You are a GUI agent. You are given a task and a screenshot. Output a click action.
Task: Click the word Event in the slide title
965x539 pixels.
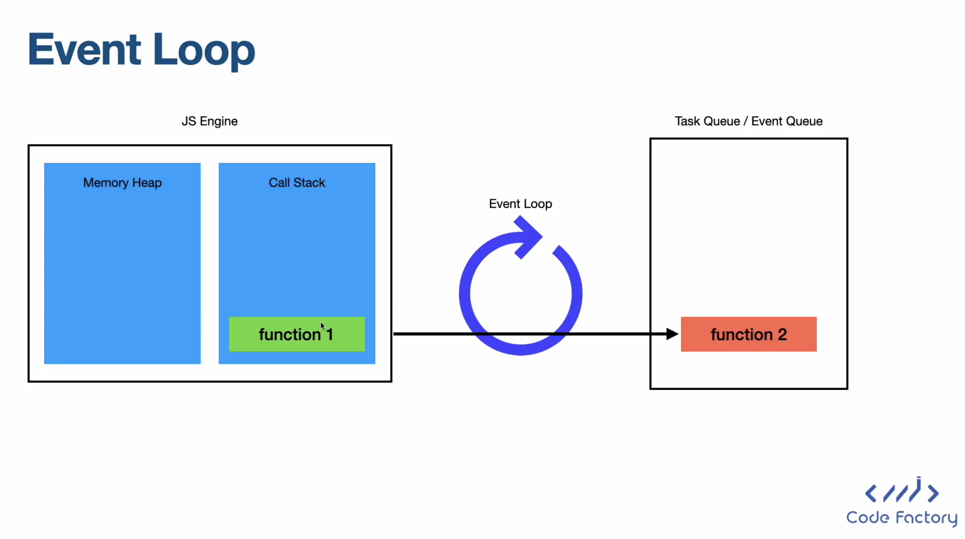click(x=84, y=50)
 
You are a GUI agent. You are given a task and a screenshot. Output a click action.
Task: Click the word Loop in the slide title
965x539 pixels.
click(x=204, y=52)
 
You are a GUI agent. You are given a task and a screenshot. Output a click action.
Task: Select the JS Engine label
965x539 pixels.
click(x=209, y=121)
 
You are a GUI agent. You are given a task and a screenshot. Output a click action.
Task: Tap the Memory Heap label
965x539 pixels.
click(x=123, y=183)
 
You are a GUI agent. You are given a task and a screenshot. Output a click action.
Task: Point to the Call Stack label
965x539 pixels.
click(x=297, y=183)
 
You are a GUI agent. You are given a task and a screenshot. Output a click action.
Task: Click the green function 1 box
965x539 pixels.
click(x=297, y=334)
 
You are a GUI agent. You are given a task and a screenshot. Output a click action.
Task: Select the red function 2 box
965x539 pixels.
click(x=749, y=334)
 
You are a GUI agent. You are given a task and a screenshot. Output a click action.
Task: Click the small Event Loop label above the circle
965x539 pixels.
click(x=520, y=204)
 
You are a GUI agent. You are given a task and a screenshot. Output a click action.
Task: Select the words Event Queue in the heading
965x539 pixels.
click(x=787, y=121)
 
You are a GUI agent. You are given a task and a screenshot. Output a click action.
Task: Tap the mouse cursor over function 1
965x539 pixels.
click(x=323, y=326)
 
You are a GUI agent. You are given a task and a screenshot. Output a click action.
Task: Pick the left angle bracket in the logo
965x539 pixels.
click(x=871, y=493)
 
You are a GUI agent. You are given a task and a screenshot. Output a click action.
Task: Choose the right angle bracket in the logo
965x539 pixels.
click(x=933, y=493)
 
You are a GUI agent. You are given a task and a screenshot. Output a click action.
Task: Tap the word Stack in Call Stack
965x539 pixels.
click(x=309, y=183)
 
